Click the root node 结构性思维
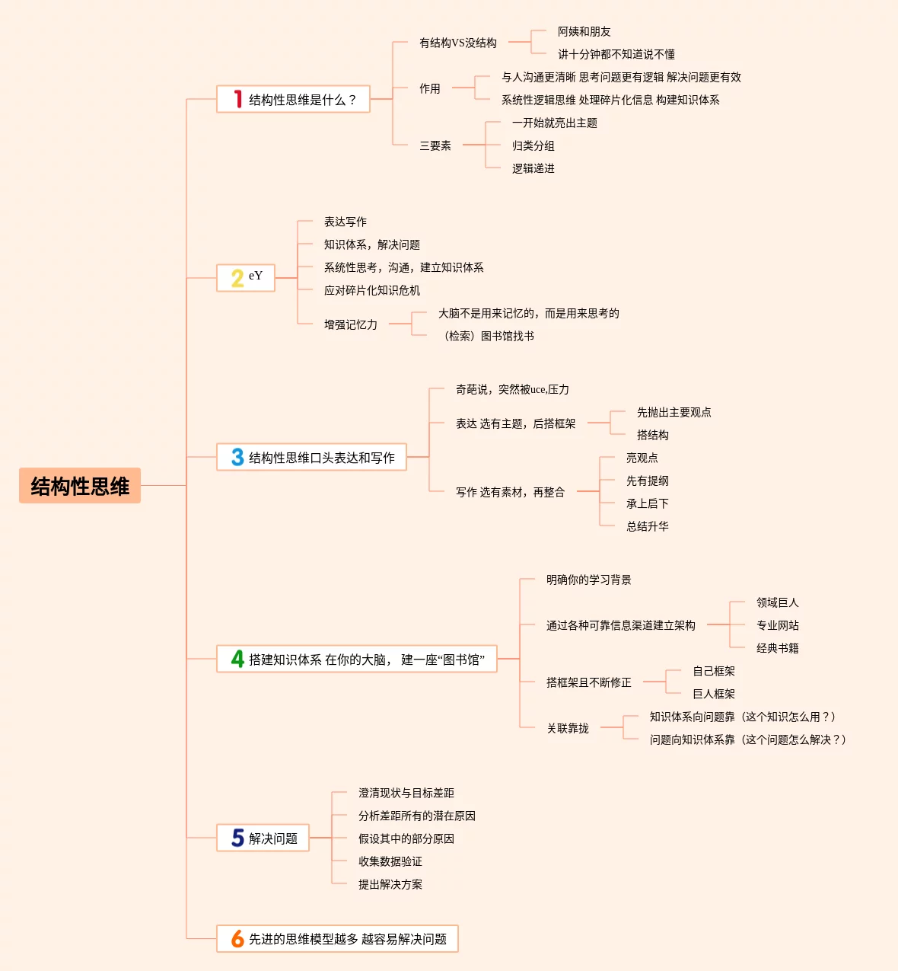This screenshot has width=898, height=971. pos(80,486)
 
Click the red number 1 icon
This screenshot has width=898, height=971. pos(237,99)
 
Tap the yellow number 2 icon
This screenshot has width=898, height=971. pos(237,278)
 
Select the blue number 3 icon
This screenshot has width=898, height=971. pos(237,457)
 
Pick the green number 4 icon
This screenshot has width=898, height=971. pos(237,659)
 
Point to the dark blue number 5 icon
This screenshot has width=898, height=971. pos(237,838)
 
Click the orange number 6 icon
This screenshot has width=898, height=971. pos(237,939)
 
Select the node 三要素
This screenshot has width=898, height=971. pos(435,145)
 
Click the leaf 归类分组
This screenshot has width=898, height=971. pos(533,145)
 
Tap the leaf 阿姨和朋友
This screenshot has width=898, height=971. pos(584,31)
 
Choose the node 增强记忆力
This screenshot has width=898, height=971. pos(350,324)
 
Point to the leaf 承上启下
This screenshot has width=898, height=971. pos(647,503)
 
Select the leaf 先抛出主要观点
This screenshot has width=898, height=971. pos(673,412)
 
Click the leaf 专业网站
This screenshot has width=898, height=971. pos(777,625)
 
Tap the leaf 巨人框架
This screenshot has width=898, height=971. pos(713,694)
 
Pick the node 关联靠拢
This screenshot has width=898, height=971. pos(568,728)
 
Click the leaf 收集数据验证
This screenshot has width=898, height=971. pos(390,861)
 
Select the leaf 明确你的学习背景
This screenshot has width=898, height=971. pos(588,580)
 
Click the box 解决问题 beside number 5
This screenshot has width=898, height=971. pos(273,838)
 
